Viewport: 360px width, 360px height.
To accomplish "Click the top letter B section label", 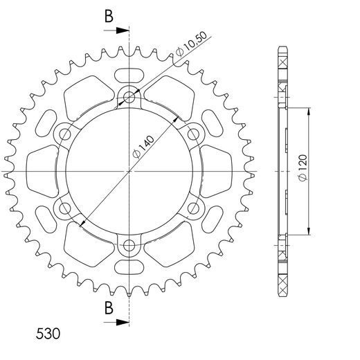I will pos(109,17).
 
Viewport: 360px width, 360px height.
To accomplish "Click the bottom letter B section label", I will pos(109,308).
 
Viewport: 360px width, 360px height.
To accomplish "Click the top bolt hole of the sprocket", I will pos(129,98).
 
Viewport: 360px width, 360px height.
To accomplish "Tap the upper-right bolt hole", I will pos(192,134).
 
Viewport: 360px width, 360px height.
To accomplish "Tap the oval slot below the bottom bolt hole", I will pos(129,268).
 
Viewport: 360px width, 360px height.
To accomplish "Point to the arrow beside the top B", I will pos(122,30).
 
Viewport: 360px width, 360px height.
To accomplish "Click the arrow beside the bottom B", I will pos(122,321).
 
